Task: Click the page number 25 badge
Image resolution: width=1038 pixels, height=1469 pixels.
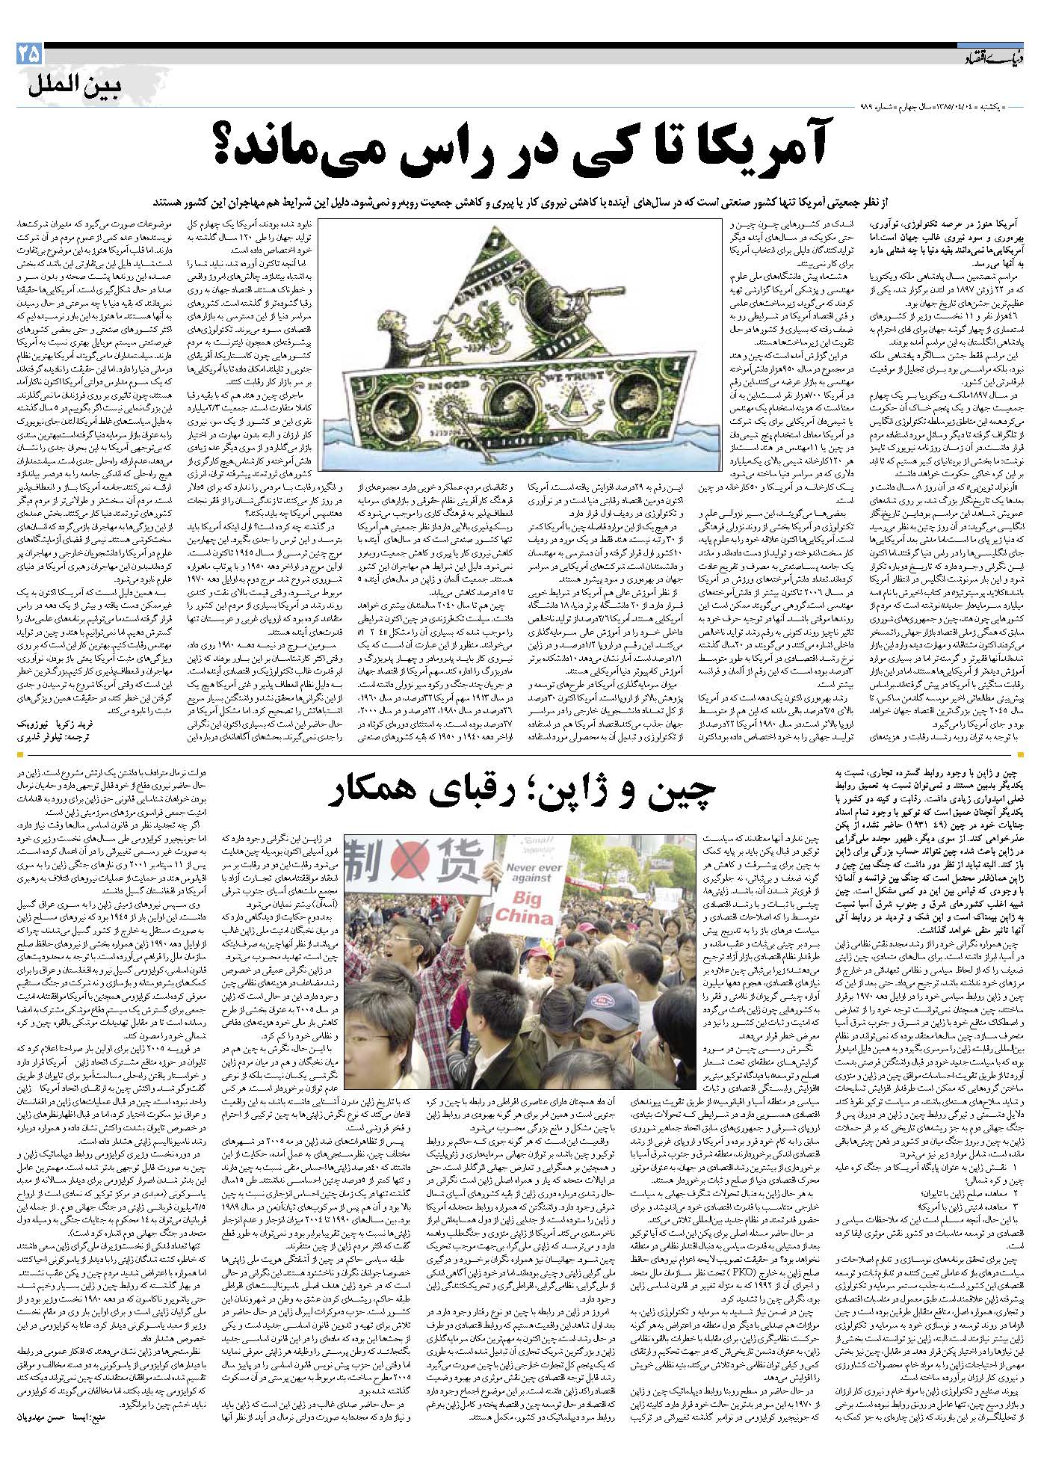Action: [x=28, y=55]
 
